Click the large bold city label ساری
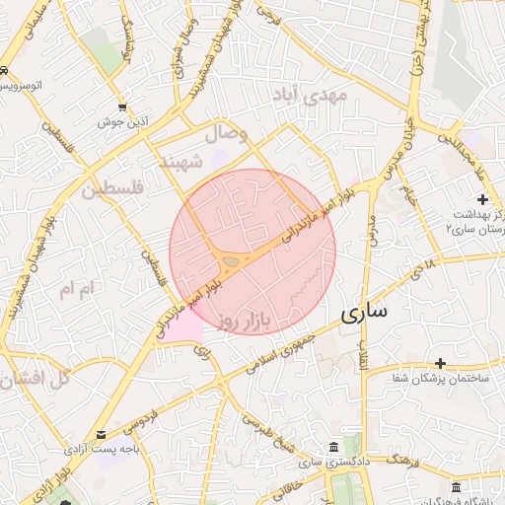[365, 313]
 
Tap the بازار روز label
[246, 321]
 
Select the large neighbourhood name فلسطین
[112, 186]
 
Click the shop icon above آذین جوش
[122, 107]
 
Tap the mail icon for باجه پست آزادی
[104, 434]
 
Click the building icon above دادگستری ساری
[333, 446]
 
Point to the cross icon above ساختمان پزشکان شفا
[441, 363]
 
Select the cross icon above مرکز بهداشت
[481, 199]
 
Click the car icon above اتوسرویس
[6, 71]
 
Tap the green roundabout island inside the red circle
[230, 261]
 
